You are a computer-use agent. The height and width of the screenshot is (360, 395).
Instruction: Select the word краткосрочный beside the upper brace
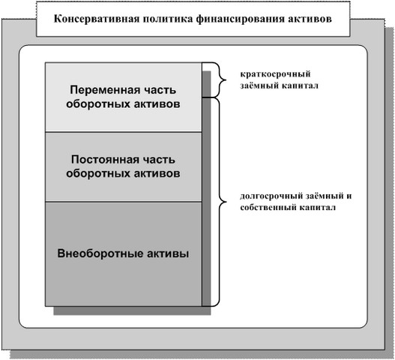coord(275,74)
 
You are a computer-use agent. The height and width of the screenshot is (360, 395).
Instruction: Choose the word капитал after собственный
coord(317,208)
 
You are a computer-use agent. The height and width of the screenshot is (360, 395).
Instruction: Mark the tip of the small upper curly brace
coord(226,80)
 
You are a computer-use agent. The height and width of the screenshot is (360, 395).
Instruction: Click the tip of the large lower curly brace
coord(226,202)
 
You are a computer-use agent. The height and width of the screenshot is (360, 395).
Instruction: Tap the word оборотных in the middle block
coord(98,173)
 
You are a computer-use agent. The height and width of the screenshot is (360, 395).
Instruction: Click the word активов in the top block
coord(157,103)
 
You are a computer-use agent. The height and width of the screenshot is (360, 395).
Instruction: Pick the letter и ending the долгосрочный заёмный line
coord(349,196)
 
